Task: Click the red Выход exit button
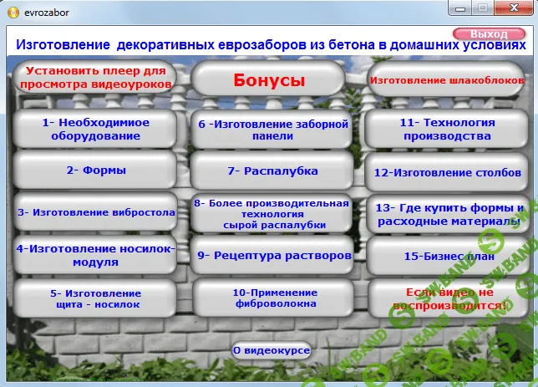(x=488, y=33)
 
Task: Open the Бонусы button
(x=268, y=80)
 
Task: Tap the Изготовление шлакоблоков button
(x=447, y=80)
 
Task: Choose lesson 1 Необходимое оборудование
(x=95, y=129)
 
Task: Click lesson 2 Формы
(x=95, y=171)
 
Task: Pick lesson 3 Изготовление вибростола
(x=95, y=212)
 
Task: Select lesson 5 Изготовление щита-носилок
(x=95, y=298)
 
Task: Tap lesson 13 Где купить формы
(x=449, y=215)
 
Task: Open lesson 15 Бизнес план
(x=449, y=257)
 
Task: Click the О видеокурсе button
(x=272, y=350)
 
